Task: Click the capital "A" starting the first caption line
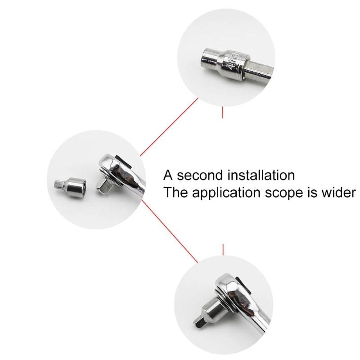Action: click(x=168, y=175)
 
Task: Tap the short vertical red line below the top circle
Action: click(x=223, y=112)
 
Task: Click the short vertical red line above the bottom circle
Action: click(x=223, y=248)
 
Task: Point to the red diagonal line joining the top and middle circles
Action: click(x=169, y=127)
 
